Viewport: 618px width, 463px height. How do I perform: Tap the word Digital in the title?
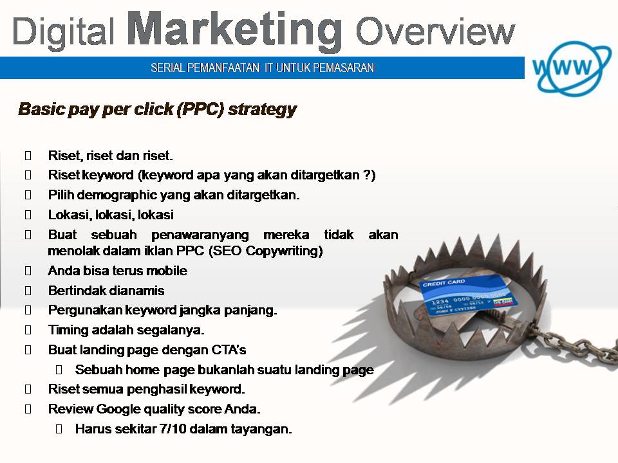point(64,32)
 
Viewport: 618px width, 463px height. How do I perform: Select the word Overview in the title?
point(436,31)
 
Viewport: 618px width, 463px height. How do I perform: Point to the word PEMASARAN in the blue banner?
point(344,68)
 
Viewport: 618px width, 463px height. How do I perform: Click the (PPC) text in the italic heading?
point(200,109)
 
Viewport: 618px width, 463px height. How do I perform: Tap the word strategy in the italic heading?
point(263,110)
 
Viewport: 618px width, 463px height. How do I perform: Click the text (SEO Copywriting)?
point(265,251)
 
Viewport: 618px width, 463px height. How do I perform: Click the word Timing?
point(68,330)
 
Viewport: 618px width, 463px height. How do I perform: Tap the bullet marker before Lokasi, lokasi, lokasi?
point(28,215)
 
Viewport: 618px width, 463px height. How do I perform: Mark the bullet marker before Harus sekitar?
point(59,429)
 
